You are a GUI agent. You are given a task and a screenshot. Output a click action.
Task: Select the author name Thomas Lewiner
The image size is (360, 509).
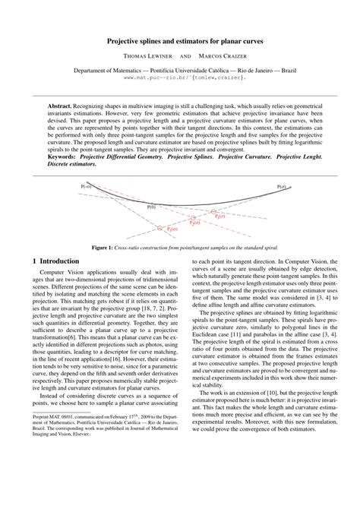pyautogui.click(x=145, y=56)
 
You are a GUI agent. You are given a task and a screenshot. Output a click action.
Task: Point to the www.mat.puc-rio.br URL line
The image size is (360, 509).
pyautogui.click(x=180, y=77)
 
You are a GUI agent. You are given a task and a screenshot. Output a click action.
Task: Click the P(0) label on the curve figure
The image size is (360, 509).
pyautogui.click(x=151, y=206)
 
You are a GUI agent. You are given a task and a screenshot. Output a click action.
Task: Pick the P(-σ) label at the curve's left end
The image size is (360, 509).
pyautogui.click(x=85, y=185)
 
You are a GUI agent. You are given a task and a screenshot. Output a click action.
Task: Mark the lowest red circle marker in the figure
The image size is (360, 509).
pyautogui.click(x=159, y=228)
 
